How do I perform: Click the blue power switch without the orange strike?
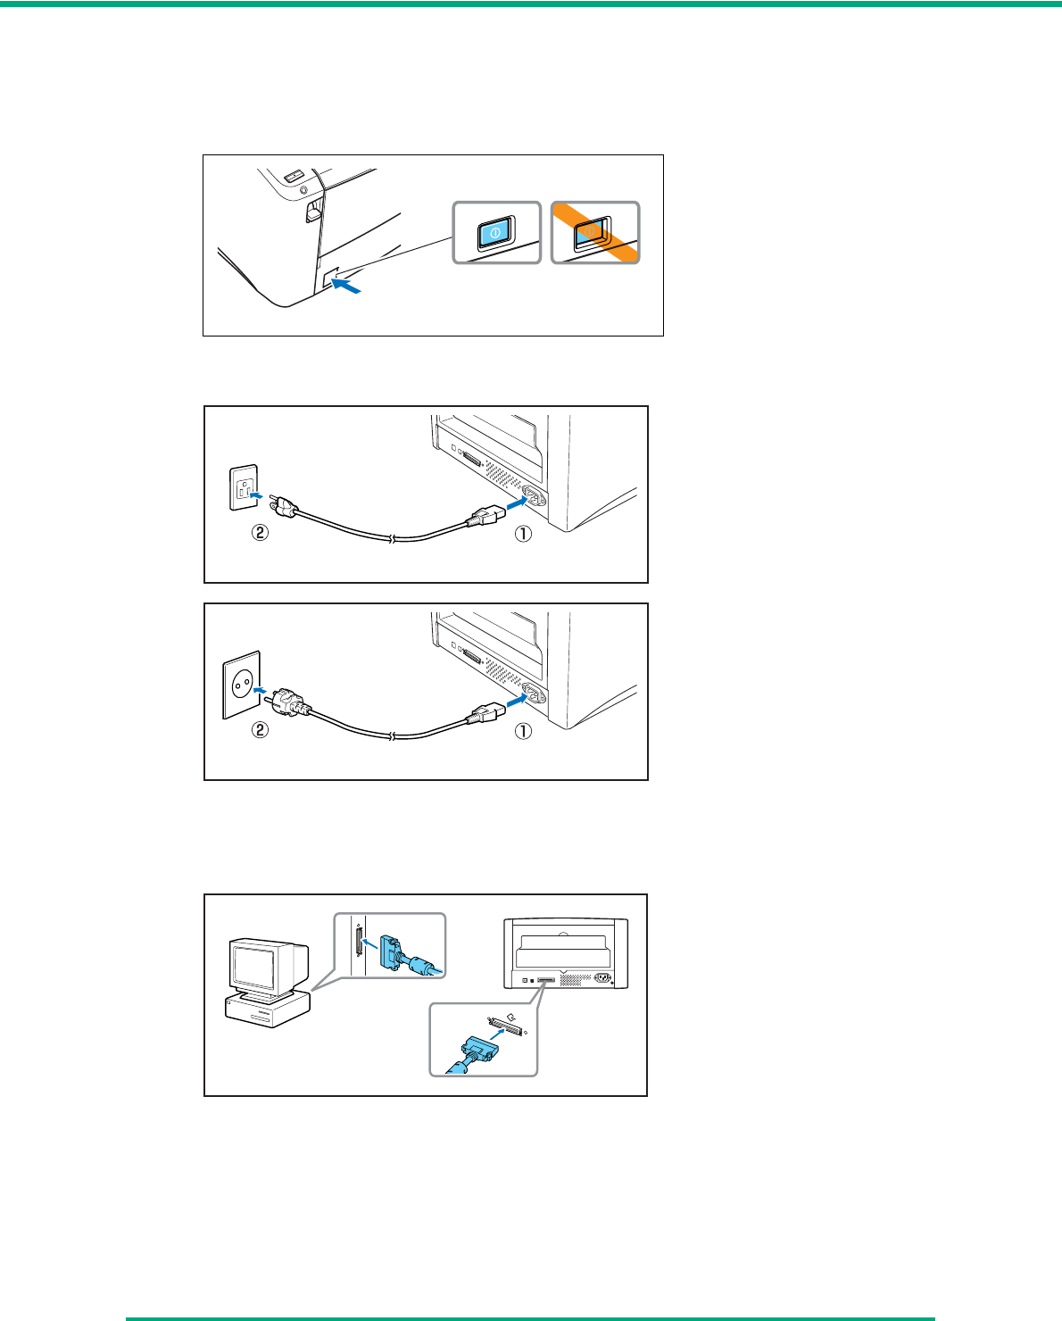point(494,234)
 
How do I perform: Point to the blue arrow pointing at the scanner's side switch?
point(348,287)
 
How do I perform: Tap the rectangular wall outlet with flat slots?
point(244,487)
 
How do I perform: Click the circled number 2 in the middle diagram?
point(260,535)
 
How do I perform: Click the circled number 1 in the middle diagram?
point(523,535)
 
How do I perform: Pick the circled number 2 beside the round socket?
point(260,730)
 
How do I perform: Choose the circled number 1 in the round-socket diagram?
point(523,730)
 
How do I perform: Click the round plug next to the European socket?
point(290,702)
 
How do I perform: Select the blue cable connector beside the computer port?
point(394,951)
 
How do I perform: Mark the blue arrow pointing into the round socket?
point(260,690)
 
